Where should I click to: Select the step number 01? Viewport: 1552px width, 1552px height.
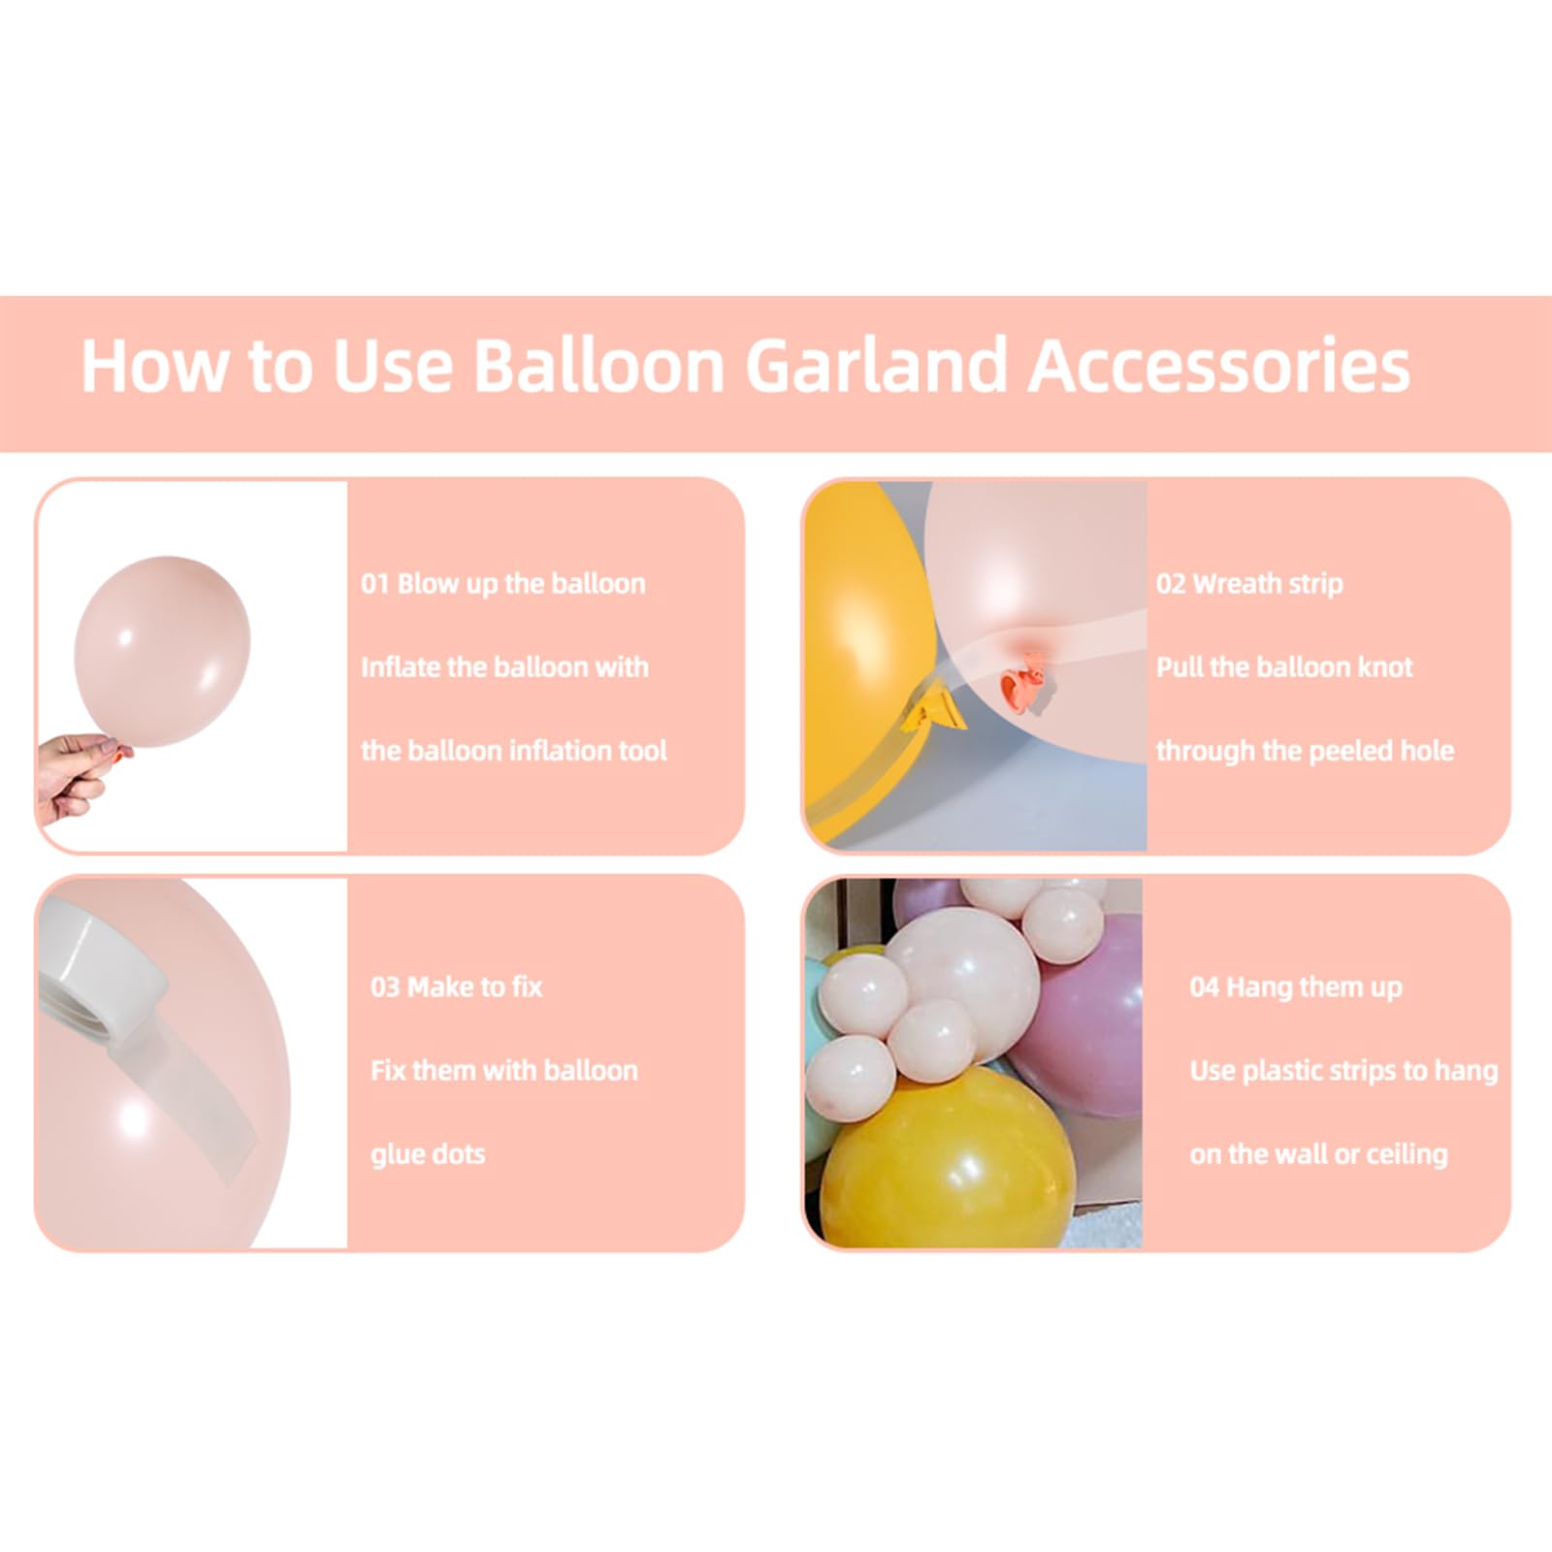pyautogui.click(x=375, y=584)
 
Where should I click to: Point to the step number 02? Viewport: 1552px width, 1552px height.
pyautogui.click(x=1170, y=584)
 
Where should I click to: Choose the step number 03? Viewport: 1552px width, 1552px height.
pyautogui.click(x=385, y=987)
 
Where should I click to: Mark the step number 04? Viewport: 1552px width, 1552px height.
pyautogui.click(x=1204, y=987)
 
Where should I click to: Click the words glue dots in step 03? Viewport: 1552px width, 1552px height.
pyautogui.click(x=428, y=1155)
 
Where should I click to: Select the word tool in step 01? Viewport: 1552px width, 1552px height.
pyautogui.click(x=639, y=751)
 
